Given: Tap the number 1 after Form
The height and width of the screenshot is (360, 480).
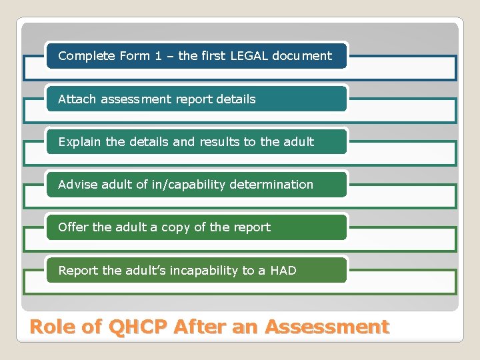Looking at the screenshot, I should coord(158,56).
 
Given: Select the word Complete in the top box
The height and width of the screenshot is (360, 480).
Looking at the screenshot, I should coord(83,56).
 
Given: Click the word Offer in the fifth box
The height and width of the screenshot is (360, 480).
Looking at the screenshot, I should coord(73,227).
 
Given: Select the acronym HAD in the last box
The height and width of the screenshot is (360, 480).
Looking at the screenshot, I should coord(283,271).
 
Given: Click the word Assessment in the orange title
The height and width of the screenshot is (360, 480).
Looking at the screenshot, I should coord(327,327).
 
